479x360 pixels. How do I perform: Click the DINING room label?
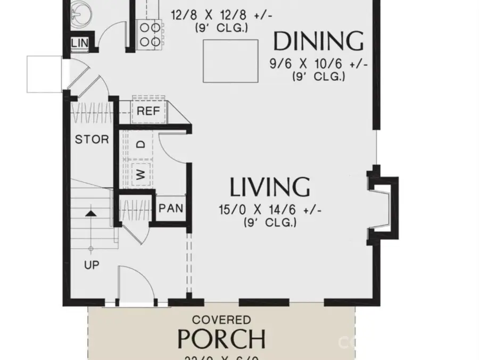point(318,41)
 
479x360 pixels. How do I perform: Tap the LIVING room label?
point(270,187)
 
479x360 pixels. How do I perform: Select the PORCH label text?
point(221,338)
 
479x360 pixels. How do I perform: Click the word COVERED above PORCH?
point(221,320)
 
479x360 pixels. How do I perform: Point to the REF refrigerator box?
point(149,111)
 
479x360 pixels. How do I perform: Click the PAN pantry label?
point(171,208)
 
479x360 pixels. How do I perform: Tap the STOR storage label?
point(92,140)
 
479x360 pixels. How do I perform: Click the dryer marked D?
point(141,145)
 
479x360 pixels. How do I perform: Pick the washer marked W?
point(141,174)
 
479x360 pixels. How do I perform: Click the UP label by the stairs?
point(92,264)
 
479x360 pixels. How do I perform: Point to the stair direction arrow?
point(92,214)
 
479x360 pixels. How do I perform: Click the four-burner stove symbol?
point(147,34)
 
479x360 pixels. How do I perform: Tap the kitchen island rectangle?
point(230,61)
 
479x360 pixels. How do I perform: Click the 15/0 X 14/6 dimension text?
point(270,211)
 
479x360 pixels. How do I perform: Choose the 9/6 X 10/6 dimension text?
point(318,64)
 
